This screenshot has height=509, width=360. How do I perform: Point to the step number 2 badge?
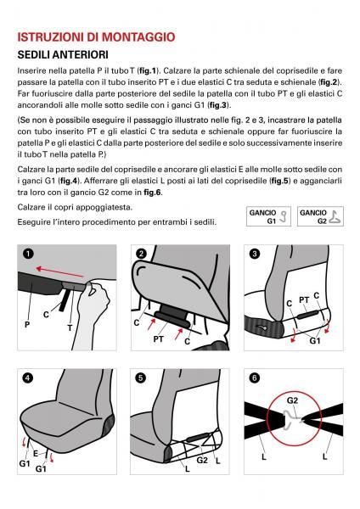(141, 253)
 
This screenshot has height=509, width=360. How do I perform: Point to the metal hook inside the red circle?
(292, 416)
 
